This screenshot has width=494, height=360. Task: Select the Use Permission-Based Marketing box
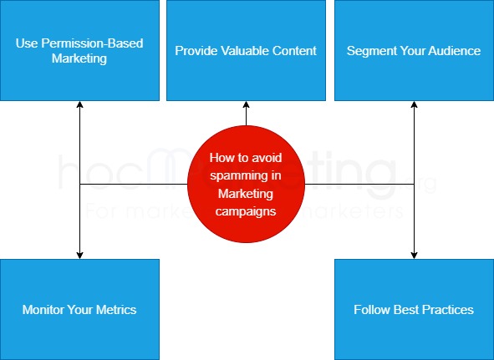point(79,50)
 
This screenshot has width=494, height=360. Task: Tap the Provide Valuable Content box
point(246,50)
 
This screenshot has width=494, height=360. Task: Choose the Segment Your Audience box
point(414,50)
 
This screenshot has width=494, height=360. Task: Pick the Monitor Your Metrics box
point(79,309)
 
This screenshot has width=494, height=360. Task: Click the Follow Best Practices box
point(414,309)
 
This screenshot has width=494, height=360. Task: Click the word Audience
point(451,51)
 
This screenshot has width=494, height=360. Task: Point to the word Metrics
point(115,310)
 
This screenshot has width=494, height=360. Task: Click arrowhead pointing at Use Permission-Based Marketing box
point(79,105)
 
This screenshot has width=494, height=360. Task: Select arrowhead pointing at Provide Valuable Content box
point(246,105)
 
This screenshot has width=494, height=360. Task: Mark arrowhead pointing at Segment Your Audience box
point(414,105)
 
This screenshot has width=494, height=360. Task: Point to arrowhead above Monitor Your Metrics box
point(79,254)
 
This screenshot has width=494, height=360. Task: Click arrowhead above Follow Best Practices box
point(414,254)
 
